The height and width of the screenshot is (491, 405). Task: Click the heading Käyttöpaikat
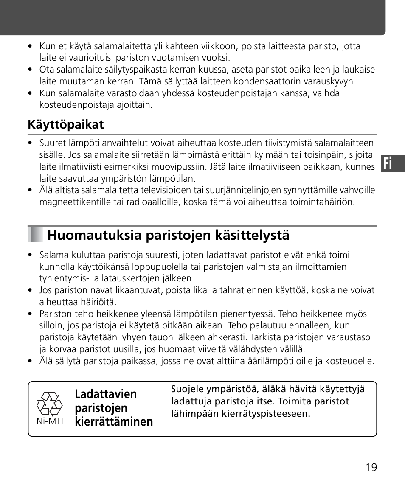tap(66, 125)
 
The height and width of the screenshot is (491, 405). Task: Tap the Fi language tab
tap(392, 163)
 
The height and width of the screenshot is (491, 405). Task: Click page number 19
tap(371, 467)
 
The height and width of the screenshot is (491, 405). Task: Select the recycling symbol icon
tap(50, 403)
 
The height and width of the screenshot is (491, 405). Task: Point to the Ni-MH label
tap(50, 422)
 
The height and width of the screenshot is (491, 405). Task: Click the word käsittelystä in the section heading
tap(254, 236)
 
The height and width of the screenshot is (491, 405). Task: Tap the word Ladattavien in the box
tap(106, 394)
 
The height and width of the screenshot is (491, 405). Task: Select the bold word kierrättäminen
tap(114, 421)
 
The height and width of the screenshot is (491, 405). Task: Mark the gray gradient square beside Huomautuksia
tap(36, 235)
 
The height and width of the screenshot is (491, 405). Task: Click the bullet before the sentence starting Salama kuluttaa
tap(30, 255)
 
